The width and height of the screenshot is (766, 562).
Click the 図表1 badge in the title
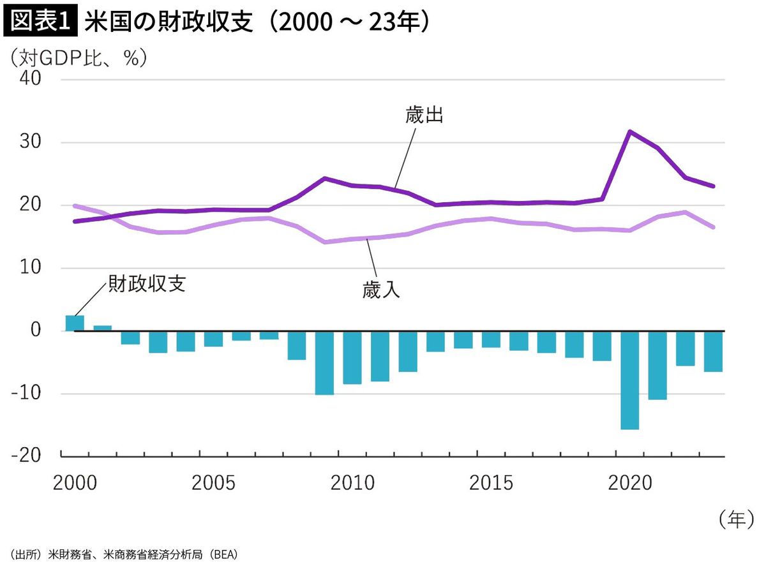click(x=41, y=23)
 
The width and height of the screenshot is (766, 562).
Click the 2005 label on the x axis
click(x=213, y=483)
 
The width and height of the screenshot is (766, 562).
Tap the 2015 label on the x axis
click(x=491, y=483)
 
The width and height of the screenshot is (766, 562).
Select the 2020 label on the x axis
click(x=629, y=483)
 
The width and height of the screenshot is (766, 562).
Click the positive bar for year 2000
click(x=75, y=323)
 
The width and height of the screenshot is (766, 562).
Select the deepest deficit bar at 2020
click(x=629, y=380)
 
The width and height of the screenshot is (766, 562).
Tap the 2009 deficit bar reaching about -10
click(x=324, y=362)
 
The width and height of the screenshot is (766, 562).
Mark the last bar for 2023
click(x=713, y=351)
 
